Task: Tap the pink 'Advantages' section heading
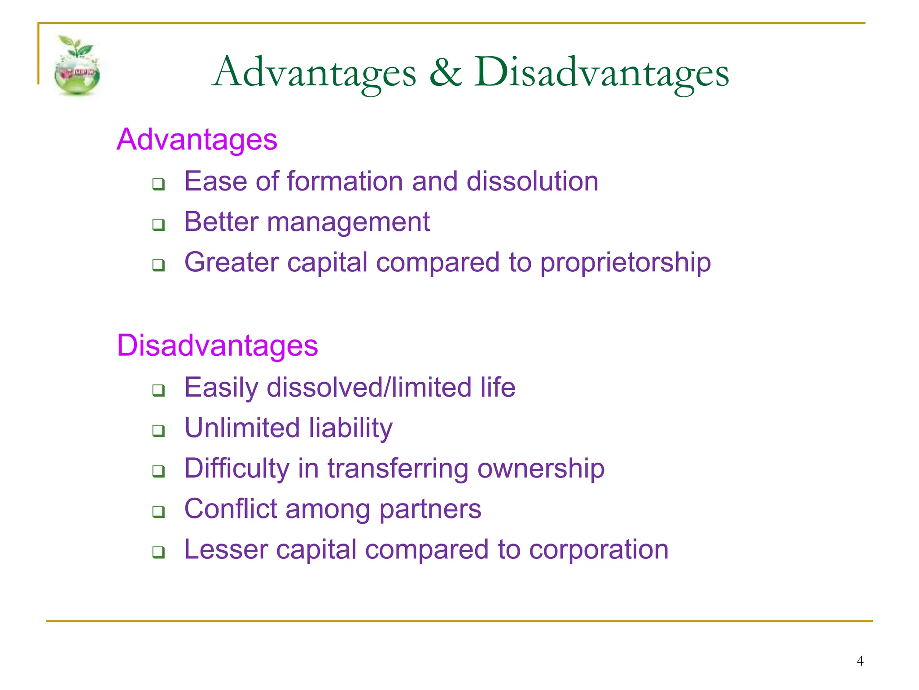point(197,139)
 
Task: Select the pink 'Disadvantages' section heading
point(217,345)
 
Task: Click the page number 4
point(860,661)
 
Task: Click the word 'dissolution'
point(532,181)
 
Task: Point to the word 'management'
point(348,222)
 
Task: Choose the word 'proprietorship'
point(626,263)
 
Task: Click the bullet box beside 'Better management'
point(158,224)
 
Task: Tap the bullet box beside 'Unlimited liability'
point(158,430)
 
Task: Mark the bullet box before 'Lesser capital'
point(158,552)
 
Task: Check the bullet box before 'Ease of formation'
point(158,184)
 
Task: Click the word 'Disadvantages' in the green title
point(601,73)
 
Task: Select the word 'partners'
point(430,509)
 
